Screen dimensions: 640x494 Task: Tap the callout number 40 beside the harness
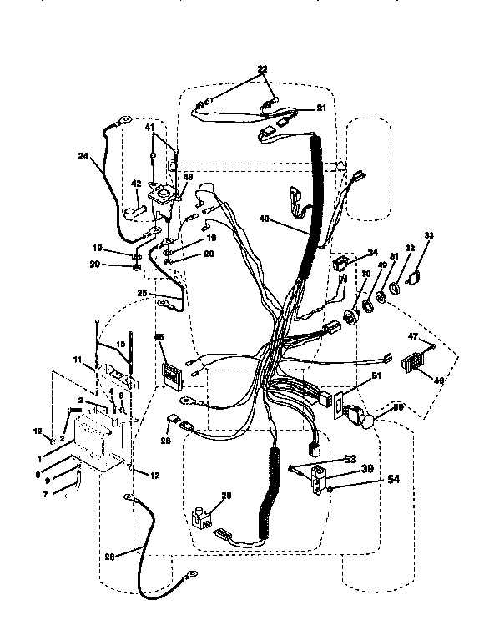(265, 220)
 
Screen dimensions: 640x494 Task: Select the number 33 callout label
(431, 237)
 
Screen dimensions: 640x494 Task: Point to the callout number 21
(298, 108)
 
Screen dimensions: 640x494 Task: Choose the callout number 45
(159, 337)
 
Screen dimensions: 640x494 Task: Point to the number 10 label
(120, 343)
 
